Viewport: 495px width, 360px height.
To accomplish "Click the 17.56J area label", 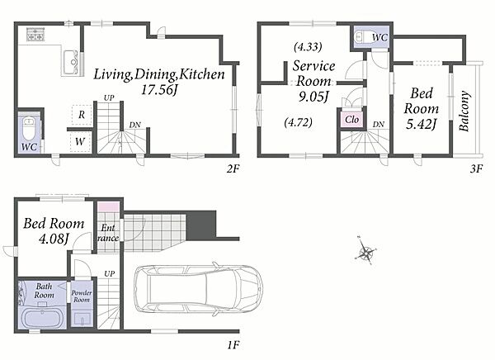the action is (158, 90).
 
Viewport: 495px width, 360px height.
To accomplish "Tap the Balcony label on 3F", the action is (464, 111).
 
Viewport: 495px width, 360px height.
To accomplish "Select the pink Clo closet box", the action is (351, 120).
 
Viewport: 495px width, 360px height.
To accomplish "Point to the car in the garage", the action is (198, 291).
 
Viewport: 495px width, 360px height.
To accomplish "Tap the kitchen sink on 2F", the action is (71, 62).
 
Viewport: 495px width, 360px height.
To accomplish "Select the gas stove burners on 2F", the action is (35, 35).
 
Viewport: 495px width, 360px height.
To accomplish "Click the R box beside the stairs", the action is (82, 115).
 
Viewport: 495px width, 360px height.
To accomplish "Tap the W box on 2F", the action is (80, 141).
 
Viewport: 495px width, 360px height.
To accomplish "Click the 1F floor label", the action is (233, 345).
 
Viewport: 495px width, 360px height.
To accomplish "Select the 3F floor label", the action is (476, 168).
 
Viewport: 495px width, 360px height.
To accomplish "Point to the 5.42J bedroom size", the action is (421, 124).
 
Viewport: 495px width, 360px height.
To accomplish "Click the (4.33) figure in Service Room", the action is (308, 47).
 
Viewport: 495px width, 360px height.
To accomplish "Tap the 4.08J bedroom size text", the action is (54, 239).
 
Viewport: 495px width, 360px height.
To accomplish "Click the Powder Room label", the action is (82, 296).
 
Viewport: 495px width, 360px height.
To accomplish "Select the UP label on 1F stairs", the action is (109, 273).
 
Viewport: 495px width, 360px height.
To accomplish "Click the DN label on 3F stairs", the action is (379, 124).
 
